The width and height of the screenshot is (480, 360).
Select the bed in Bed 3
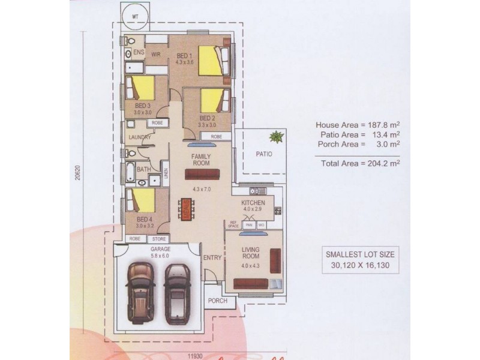click(143, 88)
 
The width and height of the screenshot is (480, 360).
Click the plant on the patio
click(275, 137)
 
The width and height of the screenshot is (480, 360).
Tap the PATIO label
click(263, 154)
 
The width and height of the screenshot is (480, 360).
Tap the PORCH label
click(218, 301)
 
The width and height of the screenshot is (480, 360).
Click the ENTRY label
click(212, 258)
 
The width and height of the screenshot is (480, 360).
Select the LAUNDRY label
click(139, 137)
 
